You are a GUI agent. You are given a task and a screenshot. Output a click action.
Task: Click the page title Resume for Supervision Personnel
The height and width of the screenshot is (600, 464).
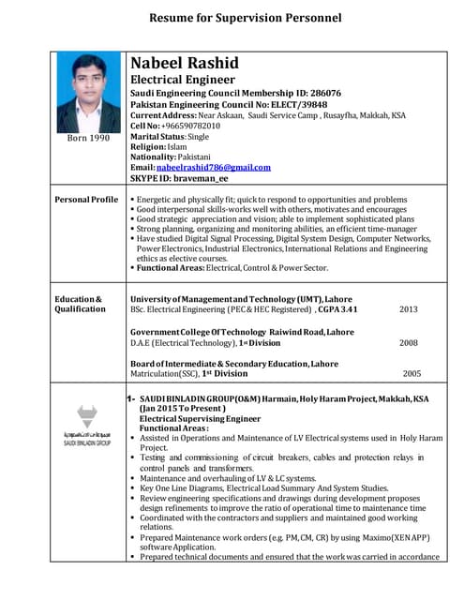245,18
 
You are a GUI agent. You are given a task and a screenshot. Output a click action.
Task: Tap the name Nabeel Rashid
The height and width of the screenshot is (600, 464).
185,64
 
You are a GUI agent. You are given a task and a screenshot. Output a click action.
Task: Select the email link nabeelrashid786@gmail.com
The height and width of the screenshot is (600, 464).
214,167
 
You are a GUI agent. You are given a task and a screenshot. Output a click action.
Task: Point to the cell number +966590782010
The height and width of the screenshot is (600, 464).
188,126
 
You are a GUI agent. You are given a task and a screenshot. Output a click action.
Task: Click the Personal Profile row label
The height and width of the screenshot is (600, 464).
86,200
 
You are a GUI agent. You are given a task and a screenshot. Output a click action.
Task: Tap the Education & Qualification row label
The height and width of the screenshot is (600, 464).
81,304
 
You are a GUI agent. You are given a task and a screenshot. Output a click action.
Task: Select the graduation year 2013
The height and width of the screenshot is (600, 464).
409,309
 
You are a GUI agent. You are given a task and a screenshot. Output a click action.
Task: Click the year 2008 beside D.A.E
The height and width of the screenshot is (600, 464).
409,343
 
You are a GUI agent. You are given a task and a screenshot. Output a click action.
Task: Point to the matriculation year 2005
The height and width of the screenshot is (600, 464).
412,373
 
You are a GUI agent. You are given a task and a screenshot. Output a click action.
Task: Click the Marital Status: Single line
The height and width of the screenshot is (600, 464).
170,136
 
